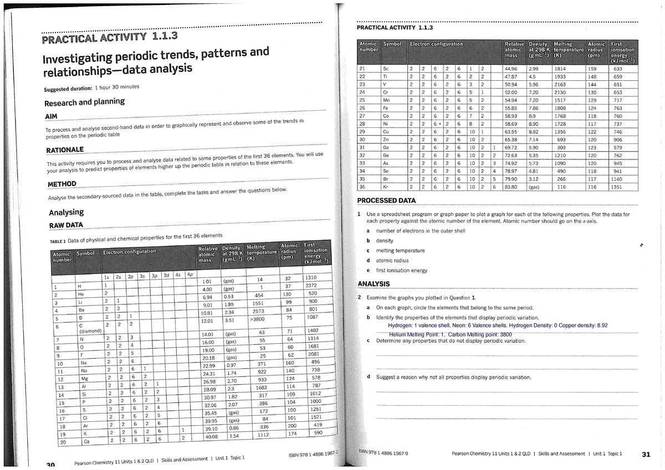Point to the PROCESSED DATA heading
[386, 200]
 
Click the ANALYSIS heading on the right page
[374, 284]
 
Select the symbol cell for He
[82, 294]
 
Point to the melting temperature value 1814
[561, 69]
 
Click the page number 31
[645, 455]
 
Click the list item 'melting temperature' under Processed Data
[400, 251]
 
